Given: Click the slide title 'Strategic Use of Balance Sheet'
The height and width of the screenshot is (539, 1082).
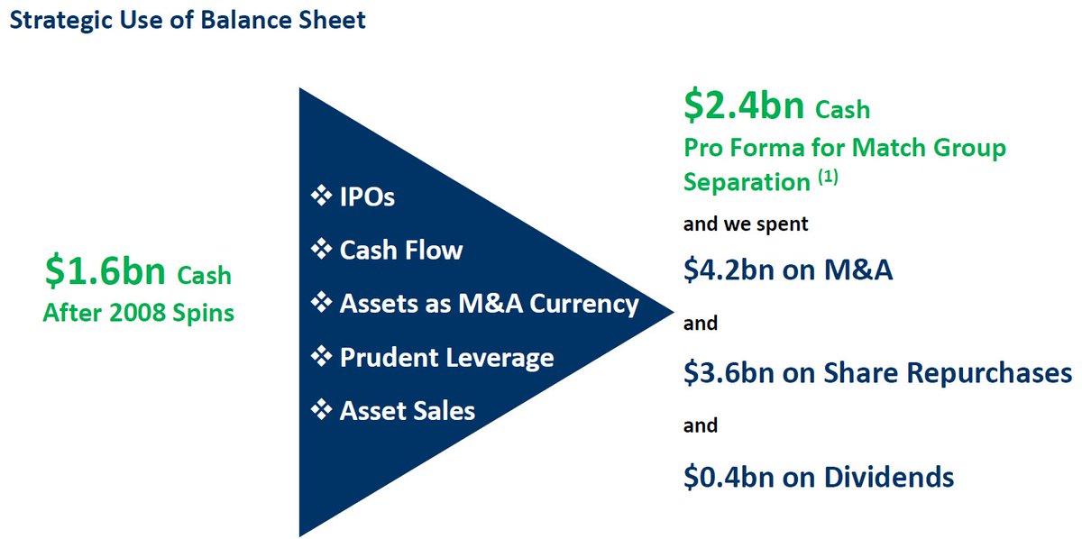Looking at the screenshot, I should coord(188,19).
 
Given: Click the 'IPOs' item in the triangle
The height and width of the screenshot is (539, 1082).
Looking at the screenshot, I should coord(367,196).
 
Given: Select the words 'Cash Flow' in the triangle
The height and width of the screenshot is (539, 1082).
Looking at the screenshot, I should coord(400,250).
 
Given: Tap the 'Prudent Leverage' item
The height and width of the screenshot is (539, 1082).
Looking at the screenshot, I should coord(446,357).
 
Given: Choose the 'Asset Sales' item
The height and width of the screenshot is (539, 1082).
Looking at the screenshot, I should coord(407,411).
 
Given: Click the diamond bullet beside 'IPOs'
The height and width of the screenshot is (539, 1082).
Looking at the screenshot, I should coord(321,196).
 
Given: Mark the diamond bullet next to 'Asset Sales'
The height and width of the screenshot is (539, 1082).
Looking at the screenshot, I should coord(321,411).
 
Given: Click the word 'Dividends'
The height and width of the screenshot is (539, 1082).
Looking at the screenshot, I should coord(888,476).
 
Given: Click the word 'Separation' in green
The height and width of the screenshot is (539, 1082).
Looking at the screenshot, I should coord(747,182).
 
